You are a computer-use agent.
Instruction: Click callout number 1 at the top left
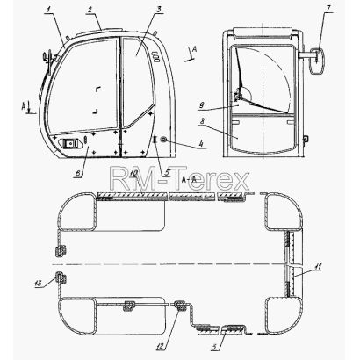pyautogui.click(x=49, y=9)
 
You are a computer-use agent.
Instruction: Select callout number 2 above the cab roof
pyautogui.click(x=90, y=9)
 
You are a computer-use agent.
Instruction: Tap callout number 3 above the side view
pyautogui.click(x=158, y=9)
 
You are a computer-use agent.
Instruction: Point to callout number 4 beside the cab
pyautogui.click(x=201, y=144)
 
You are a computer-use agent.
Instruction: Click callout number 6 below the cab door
pyautogui.click(x=78, y=173)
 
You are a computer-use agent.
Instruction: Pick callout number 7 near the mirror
pyautogui.click(x=328, y=8)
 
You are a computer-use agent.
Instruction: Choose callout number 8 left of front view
pyautogui.click(x=203, y=120)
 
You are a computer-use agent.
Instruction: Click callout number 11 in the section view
pyautogui.click(x=318, y=267)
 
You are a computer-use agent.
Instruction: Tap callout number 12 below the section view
pyautogui.click(x=161, y=347)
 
